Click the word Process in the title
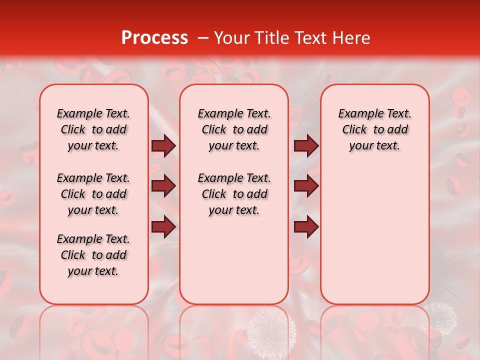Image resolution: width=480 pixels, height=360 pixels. (154, 38)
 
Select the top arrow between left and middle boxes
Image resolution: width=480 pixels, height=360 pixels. (163, 145)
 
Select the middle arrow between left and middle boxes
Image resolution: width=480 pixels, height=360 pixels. (163, 186)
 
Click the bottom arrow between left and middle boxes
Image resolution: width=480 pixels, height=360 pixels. (163, 227)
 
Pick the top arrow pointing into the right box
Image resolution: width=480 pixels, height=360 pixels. (306, 145)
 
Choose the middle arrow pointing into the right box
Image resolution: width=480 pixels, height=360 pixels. (306, 186)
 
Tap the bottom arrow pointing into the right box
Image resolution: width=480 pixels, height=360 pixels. (306, 227)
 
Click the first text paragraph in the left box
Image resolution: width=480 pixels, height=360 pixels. (93, 129)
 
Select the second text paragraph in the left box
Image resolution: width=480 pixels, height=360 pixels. (93, 194)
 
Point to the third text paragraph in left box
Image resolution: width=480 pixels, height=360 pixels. (93, 255)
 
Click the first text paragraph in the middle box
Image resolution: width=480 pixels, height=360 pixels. (234, 129)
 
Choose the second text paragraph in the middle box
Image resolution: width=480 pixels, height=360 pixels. (234, 194)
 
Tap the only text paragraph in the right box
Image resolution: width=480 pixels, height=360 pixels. (375, 129)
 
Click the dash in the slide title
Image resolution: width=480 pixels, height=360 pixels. (203, 38)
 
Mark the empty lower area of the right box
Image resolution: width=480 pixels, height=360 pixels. (375, 235)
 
